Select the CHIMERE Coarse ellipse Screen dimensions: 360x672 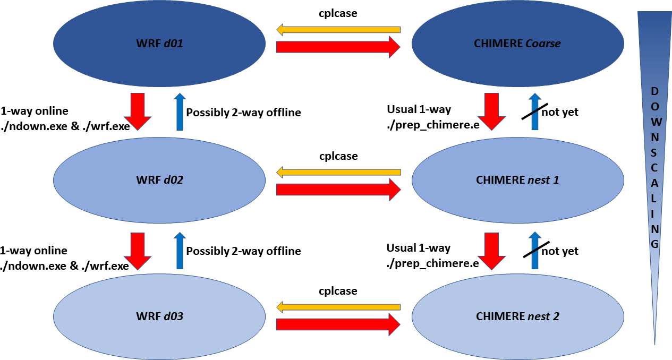point(517,44)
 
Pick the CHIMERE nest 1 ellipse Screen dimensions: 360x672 point(517,180)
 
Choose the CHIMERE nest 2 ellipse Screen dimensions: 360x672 point(517,316)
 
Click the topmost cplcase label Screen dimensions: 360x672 point(338,14)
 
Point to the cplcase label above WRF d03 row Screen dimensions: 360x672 point(338,291)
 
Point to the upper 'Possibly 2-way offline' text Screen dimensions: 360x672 point(243,113)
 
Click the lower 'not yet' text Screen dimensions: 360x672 point(560,251)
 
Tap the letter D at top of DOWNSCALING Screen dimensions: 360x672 point(655,91)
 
